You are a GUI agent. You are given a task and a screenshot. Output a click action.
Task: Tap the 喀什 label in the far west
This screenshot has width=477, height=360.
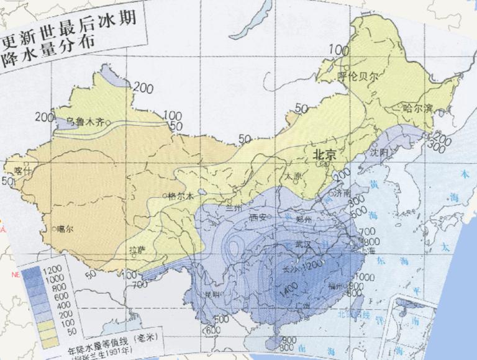(14, 169)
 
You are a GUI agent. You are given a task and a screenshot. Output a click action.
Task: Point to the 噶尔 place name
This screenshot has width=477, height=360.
(65, 229)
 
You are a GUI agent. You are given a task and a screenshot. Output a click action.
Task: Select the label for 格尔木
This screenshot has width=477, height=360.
(181, 196)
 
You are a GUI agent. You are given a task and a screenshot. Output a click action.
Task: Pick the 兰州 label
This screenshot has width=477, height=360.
(235, 207)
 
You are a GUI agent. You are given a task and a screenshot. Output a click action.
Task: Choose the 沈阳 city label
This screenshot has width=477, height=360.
(379, 152)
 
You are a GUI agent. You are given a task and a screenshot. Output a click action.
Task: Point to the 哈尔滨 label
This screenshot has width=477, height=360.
(418, 108)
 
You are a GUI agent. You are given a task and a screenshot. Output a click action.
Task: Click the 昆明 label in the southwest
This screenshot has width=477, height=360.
(213, 294)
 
